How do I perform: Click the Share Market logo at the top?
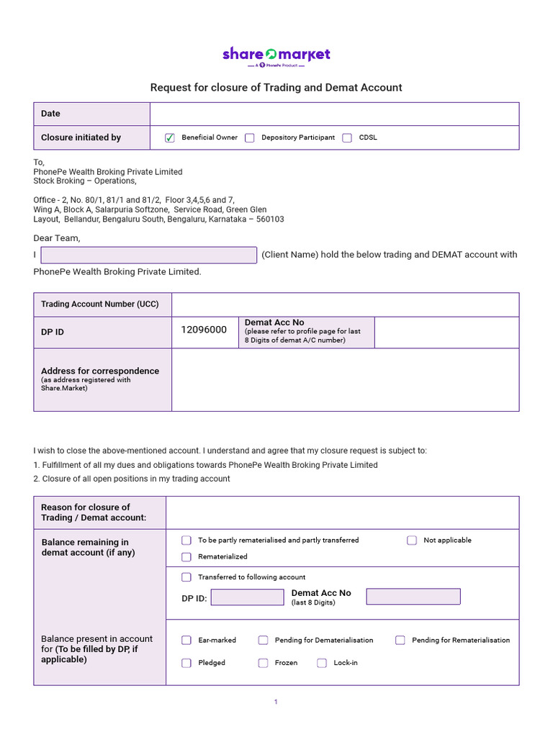tap(276, 55)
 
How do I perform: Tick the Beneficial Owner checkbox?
tap(170, 137)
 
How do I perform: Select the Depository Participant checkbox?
tap(250, 137)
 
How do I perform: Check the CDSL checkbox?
tap(347, 137)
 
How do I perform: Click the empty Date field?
tap(334, 114)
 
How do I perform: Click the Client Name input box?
tap(149, 255)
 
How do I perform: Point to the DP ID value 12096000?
tap(204, 330)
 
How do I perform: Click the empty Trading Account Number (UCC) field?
tap(345, 304)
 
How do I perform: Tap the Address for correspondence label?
tap(100, 371)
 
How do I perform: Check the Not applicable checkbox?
tap(412, 540)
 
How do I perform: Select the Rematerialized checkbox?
tap(186, 556)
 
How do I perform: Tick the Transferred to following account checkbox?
tap(186, 577)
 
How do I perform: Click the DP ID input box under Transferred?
tap(247, 597)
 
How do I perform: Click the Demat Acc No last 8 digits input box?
tap(413, 597)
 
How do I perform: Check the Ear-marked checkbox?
tap(186, 640)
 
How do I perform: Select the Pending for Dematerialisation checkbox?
tap(264, 640)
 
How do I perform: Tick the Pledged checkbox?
tap(186, 663)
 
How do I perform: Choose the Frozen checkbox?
tap(264, 663)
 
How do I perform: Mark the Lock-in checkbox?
tap(322, 663)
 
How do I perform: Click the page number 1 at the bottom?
tap(276, 702)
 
